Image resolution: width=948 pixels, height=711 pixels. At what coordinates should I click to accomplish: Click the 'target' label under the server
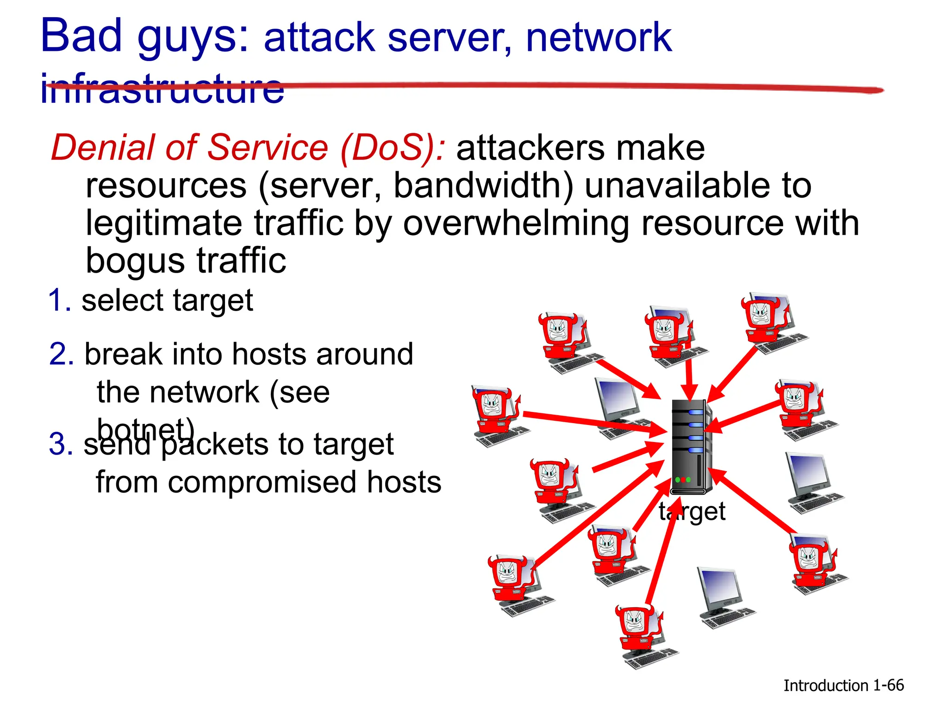coord(692,512)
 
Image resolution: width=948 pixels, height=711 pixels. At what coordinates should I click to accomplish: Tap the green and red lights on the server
coord(683,480)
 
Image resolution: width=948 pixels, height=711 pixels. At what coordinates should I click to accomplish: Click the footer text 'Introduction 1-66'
coord(843,686)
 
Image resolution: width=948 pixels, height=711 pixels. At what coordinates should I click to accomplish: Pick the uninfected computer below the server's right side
coord(724,597)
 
